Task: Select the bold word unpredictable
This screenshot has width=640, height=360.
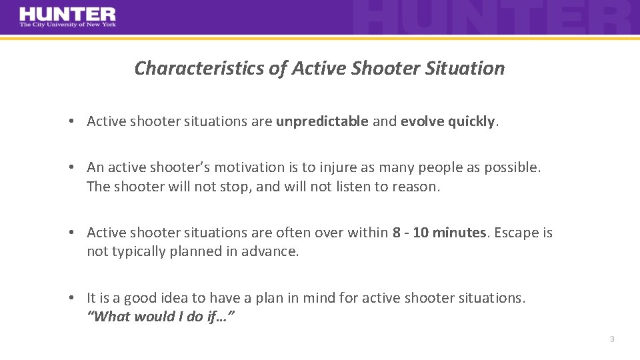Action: click(322, 121)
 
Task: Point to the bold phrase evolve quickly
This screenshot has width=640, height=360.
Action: click(447, 121)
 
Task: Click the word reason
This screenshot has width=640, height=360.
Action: click(416, 187)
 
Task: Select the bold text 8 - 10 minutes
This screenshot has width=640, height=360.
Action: click(439, 233)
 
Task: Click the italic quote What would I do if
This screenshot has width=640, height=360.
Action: click(160, 317)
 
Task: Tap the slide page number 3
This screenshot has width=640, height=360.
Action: click(611, 339)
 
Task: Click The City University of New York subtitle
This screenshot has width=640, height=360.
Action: click(67, 25)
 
